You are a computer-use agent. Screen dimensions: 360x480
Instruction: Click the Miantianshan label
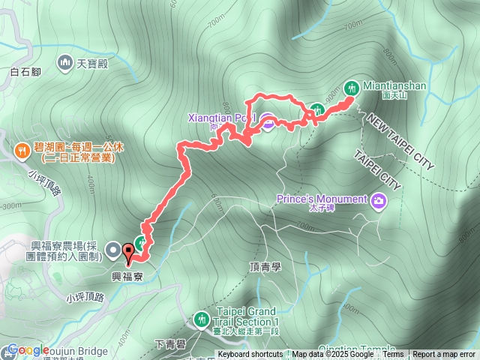(394, 85)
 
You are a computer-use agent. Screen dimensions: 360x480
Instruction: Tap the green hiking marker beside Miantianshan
(350, 88)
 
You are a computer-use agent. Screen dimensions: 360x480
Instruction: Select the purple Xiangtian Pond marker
(267, 119)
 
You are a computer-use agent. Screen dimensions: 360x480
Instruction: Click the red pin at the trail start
(128, 254)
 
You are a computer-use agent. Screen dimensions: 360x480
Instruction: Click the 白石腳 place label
(25, 73)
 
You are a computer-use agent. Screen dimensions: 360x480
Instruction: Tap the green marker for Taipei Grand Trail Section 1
(201, 319)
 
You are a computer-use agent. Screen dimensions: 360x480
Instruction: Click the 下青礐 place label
(169, 343)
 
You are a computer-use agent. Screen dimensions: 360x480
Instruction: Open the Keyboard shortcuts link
(250, 355)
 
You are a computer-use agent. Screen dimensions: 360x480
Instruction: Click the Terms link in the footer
(393, 355)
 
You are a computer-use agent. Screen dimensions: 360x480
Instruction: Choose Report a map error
(445, 355)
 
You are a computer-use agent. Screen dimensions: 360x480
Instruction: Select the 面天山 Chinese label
(394, 96)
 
